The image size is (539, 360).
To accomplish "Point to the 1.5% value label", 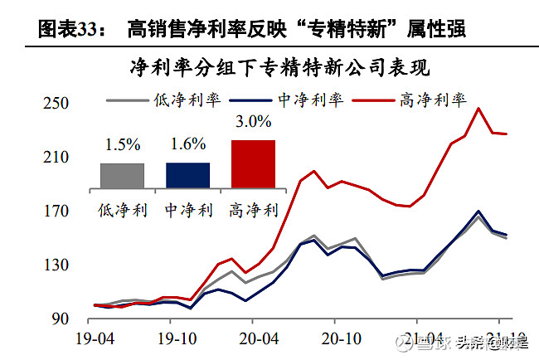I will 122,144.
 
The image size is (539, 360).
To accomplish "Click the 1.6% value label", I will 187,144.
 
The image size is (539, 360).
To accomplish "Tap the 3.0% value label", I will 253,122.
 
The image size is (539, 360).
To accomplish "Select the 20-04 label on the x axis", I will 258,339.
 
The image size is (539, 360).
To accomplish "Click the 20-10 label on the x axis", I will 338,339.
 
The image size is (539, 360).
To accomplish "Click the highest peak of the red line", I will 478,108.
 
